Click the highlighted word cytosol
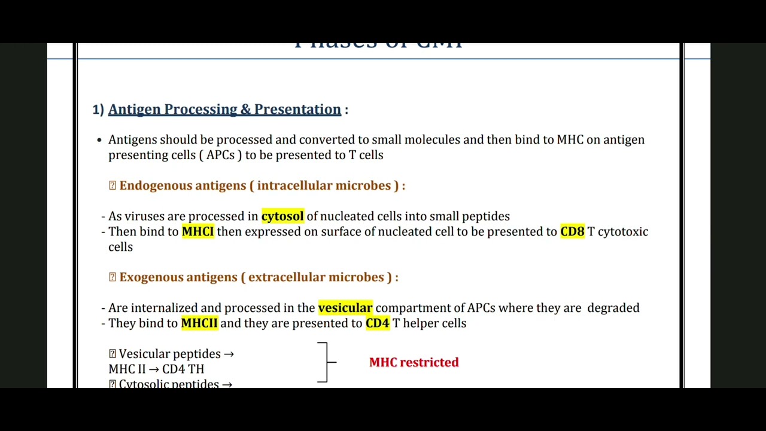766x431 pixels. coord(282,216)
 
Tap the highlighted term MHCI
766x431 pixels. coord(197,232)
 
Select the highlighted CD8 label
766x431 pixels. coord(572,232)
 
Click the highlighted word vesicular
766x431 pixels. coord(345,308)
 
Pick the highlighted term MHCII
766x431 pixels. coord(199,323)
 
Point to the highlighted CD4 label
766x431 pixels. coord(377,323)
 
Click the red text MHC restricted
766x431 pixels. coord(414,362)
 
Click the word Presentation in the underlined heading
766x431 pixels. coord(297,110)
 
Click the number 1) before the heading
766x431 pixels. coord(98,110)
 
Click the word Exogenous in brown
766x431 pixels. coord(151,277)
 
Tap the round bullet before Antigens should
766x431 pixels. coord(99,140)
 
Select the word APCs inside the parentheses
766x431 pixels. coord(220,155)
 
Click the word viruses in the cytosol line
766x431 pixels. coord(144,216)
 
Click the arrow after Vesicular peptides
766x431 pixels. coord(228,354)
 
